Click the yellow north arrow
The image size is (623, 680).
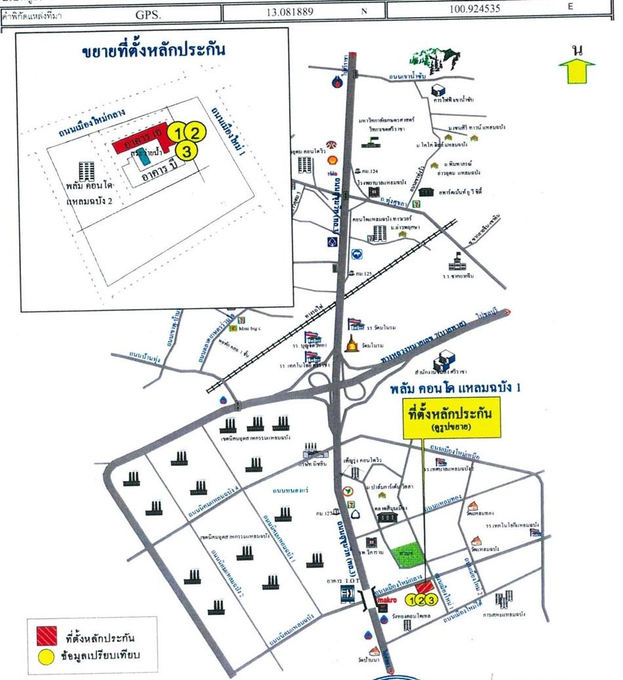576,70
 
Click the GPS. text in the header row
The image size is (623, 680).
148,12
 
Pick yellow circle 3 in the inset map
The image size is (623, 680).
188,151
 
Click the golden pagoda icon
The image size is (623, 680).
353,343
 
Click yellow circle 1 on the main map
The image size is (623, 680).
412,599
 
